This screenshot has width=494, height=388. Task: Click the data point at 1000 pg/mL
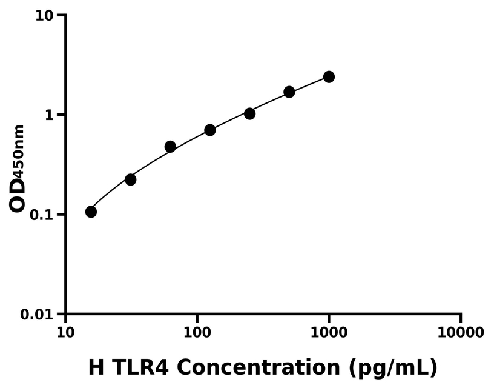click(329, 77)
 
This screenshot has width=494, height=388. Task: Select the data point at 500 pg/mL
click(289, 92)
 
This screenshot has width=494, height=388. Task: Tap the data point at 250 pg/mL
click(249, 113)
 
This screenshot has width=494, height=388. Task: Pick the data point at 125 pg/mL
click(210, 130)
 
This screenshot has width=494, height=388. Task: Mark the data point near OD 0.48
click(170, 147)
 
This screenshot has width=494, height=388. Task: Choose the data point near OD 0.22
click(130, 179)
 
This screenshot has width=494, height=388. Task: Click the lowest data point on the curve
click(91, 212)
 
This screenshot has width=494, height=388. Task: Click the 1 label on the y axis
click(51, 115)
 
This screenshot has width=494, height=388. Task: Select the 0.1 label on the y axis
click(44, 215)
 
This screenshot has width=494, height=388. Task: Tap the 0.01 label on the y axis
click(40, 315)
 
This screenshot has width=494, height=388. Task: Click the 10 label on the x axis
click(65, 332)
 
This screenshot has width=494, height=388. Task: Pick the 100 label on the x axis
click(197, 332)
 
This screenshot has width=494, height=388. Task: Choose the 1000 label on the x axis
click(329, 332)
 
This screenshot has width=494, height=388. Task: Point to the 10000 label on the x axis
click(461, 332)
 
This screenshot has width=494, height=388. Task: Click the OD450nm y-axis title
click(18, 169)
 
